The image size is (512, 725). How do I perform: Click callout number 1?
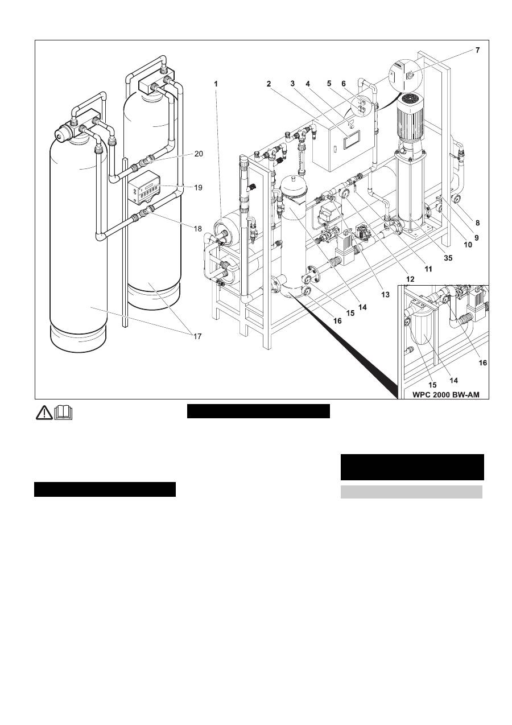[216, 83]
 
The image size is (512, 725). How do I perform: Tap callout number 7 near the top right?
[478, 51]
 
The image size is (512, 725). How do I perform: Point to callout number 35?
[448, 258]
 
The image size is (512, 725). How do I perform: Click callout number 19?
[199, 187]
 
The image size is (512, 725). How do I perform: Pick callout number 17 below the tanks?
[197, 336]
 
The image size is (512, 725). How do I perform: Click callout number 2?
[268, 83]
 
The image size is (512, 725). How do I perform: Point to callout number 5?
[328, 83]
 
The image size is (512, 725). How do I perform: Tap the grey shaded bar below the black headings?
[411, 492]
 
